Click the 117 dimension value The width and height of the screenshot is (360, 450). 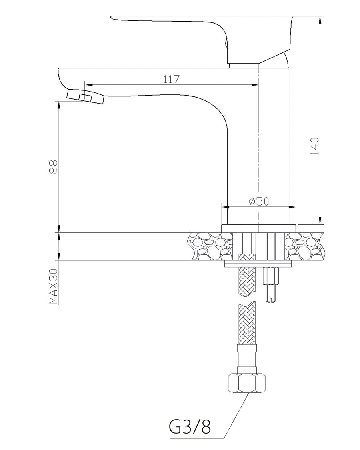(x=171, y=79)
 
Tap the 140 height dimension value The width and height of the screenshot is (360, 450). (x=315, y=146)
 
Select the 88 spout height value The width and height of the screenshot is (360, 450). (x=54, y=166)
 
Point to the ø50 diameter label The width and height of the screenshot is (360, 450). (x=259, y=202)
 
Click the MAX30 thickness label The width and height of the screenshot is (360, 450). (x=54, y=286)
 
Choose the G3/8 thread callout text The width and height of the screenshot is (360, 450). (x=190, y=427)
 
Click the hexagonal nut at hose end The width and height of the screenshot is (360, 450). (x=246, y=383)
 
